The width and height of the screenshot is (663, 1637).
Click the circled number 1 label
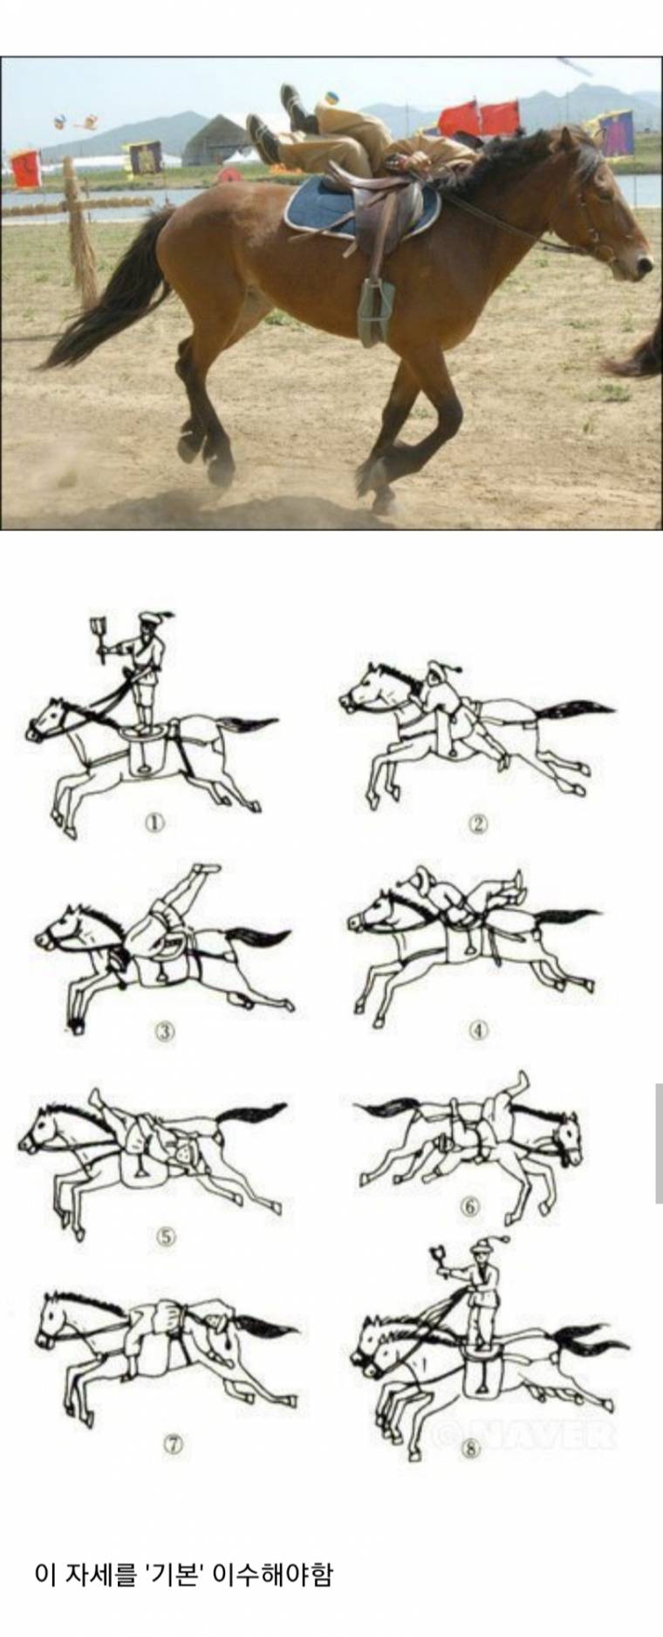(154, 822)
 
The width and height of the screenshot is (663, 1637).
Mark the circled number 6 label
(470, 1207)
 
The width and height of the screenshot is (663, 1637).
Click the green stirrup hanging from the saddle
(373, 310)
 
